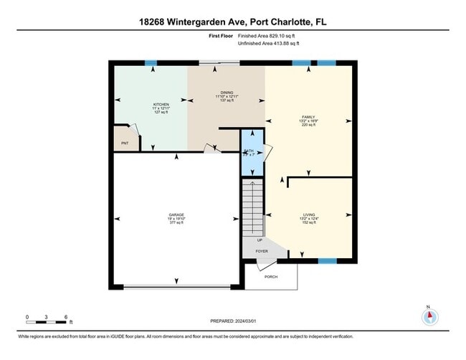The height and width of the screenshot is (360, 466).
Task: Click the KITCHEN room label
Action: pyautogui.click(x=161, y=104)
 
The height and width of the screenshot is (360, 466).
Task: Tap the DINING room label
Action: pyautogui.click(x=227, y=93)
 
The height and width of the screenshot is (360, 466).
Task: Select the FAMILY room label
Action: pyautogui.click(x=308, y=117)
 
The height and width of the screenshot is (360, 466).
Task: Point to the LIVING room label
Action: pyautogui.click(x=308, y=214)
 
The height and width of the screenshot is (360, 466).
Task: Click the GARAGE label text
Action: pyautogui.click(x=176, y=215)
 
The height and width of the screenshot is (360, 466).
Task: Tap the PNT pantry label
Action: pyautogui.click(x=124, y=143)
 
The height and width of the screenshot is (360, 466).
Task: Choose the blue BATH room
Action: pyautogui.click(x=251, y=153)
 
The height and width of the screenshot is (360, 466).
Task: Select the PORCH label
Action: pyautogui.click(x=271, y=276)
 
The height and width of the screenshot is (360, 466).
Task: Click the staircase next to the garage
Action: pyautogui.click(x=252, y=204)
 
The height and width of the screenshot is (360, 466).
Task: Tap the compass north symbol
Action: pyautogui.click(x=429, y=316)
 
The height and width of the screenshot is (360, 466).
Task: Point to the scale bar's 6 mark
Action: pyautogui.click(x=66, y=316)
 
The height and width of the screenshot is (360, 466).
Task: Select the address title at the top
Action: pyautogui.click(x=232, y=22)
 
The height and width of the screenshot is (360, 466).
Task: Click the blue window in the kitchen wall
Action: pyautogui.click(x=151, y=63)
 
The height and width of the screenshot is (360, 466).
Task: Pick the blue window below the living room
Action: pyautogui.click(x=327, y=261)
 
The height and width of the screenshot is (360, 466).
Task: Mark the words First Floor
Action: pyautogui.click(x=222, y=35)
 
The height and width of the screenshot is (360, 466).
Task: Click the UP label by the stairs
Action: pyautogui.click(x=249, y=240)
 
